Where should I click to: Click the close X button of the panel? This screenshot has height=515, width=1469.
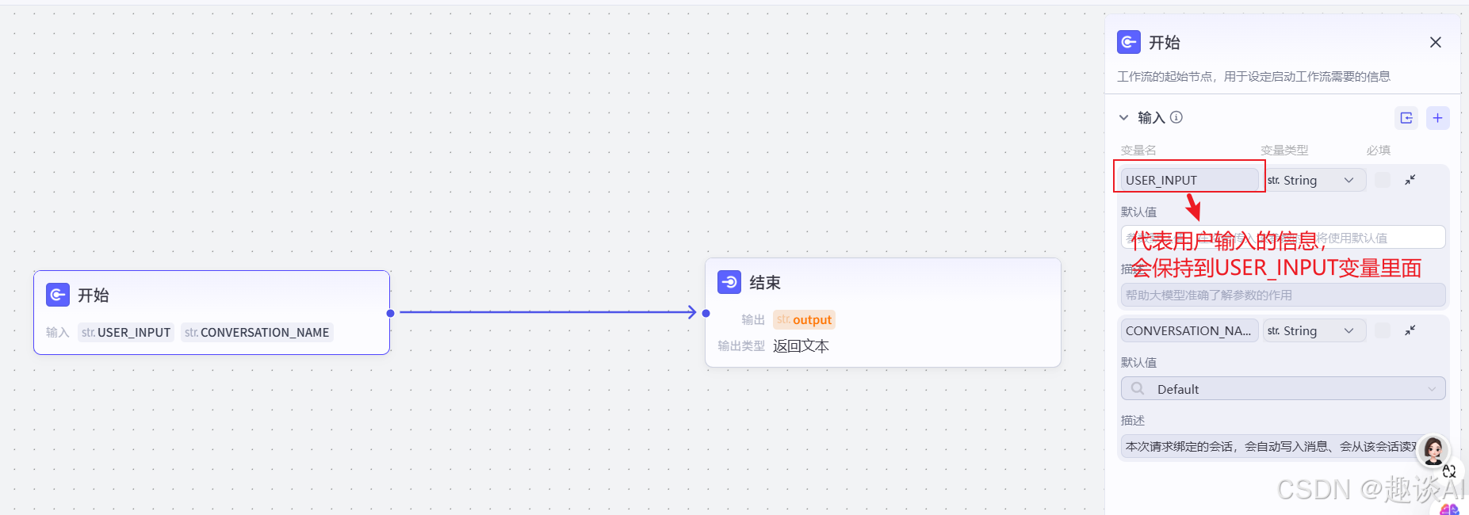coord(1435,43)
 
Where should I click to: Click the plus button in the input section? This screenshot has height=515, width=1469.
coord(1437,118)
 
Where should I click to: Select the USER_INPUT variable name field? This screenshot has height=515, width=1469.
coord(1188,180)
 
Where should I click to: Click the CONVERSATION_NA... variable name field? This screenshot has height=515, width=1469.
coord(1188,330)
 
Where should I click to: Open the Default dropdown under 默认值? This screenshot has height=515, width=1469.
coord(1283,389)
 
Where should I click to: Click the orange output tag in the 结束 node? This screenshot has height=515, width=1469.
coord(804,320)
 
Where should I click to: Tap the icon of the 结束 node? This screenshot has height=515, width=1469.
coord(729,282)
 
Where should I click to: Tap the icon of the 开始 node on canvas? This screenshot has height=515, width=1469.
coord(58,295)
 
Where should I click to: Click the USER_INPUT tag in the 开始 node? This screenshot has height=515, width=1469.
coord(126,333)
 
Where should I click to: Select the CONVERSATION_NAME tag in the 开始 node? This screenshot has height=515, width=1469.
coord(257,333)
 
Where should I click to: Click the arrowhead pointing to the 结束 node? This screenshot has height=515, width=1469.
coord(691,312)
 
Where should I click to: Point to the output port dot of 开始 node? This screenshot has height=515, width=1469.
coord(390,313)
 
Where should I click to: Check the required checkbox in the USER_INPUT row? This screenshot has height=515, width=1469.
coord(1382,180)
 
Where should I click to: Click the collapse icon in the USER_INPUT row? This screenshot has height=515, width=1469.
coord(1410,180)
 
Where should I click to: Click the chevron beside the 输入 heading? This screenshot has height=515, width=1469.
coord(1123,118)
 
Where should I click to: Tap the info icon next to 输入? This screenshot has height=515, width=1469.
coord(1176,117)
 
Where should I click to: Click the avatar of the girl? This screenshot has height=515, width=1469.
coord(1433,450)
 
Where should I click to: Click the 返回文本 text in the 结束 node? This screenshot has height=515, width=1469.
coord(801,346)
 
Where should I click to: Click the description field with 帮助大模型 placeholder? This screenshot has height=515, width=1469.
coord(1283,295)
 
